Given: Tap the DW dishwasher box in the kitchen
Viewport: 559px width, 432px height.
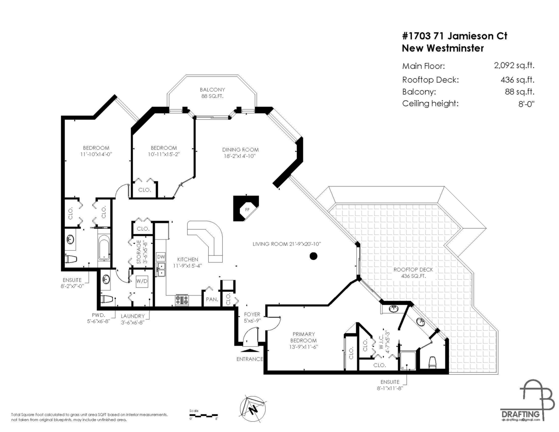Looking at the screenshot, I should coord(161,257).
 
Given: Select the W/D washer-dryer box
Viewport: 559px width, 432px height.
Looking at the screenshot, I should coord(142,281).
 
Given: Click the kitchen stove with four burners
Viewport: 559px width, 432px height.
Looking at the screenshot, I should coord(181,300).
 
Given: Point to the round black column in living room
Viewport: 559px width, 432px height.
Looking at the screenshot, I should coord(314,255).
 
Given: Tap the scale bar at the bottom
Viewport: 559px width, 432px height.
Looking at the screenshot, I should coord(203,415).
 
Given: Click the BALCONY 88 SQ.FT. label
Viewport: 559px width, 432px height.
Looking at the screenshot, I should coord(212,93).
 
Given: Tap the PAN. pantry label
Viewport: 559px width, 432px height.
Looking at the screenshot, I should coord(212,300).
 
